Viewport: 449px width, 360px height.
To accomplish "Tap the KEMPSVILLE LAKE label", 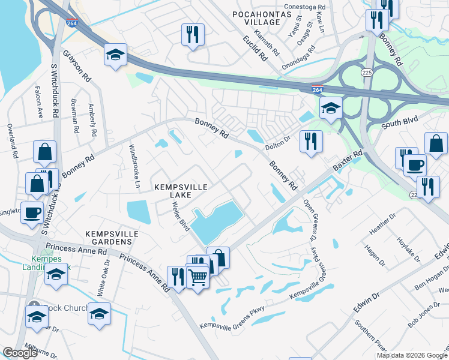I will [181, 192].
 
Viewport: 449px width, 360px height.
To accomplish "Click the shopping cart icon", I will [197, 277].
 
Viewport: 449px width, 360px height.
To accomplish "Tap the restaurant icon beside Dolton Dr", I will [310, 142].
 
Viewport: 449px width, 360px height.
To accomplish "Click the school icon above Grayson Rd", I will [115, 55].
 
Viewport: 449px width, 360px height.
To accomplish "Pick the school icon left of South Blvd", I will [331, 109].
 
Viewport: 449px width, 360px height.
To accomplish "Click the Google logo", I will [20, 353].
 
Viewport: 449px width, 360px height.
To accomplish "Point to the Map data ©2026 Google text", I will [412, 355].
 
